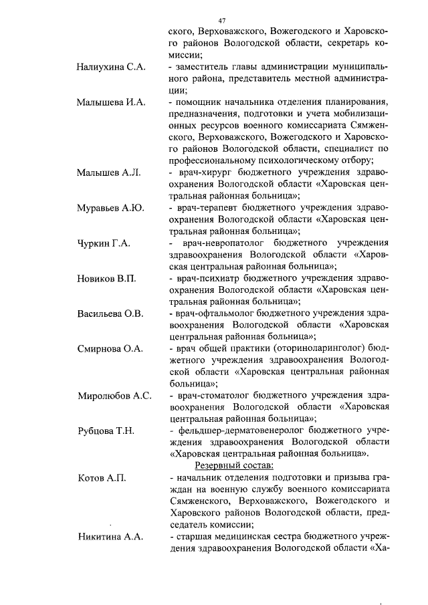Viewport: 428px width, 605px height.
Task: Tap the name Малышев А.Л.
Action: click(108, 173)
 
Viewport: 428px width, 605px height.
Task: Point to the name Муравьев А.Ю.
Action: click(110, 208)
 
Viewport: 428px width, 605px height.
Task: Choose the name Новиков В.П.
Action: click(106, 279)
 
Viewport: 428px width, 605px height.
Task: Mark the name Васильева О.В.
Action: click(110, 314)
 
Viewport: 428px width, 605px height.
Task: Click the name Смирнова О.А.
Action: click(109, 349)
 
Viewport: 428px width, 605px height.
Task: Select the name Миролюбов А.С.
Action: click(114, 396)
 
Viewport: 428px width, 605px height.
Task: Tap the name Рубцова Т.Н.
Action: click(106, 431)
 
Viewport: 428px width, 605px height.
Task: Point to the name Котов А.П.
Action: click(102, 478)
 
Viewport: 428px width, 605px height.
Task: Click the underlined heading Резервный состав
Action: click(235, 466)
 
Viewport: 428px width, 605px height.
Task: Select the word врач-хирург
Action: click(204, 172)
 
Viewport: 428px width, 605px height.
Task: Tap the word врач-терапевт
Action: click(208, 208)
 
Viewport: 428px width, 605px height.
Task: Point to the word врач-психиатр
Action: click(209, 279)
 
